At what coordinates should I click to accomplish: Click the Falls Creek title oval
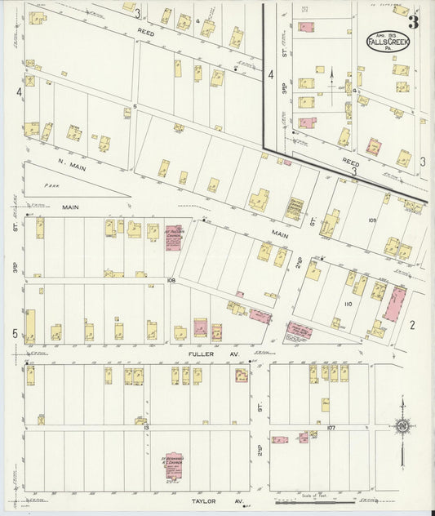tap(388, 42)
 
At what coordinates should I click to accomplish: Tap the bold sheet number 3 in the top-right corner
tap(414, 21)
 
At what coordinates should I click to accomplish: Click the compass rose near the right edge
tap(402, 425)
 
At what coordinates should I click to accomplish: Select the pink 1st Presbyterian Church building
tap(173, 238)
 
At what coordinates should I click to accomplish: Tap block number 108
tap(171, 280)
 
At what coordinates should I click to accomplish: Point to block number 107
tap(331, 427)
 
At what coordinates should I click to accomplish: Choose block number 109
tap(372, 220)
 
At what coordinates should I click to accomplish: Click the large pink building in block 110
tap(395, 304)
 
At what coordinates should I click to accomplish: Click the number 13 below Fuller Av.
tap(145, 428)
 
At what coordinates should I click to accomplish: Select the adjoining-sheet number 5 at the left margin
tap(16, 334)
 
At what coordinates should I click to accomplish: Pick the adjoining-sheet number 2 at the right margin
tap(412, 325)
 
